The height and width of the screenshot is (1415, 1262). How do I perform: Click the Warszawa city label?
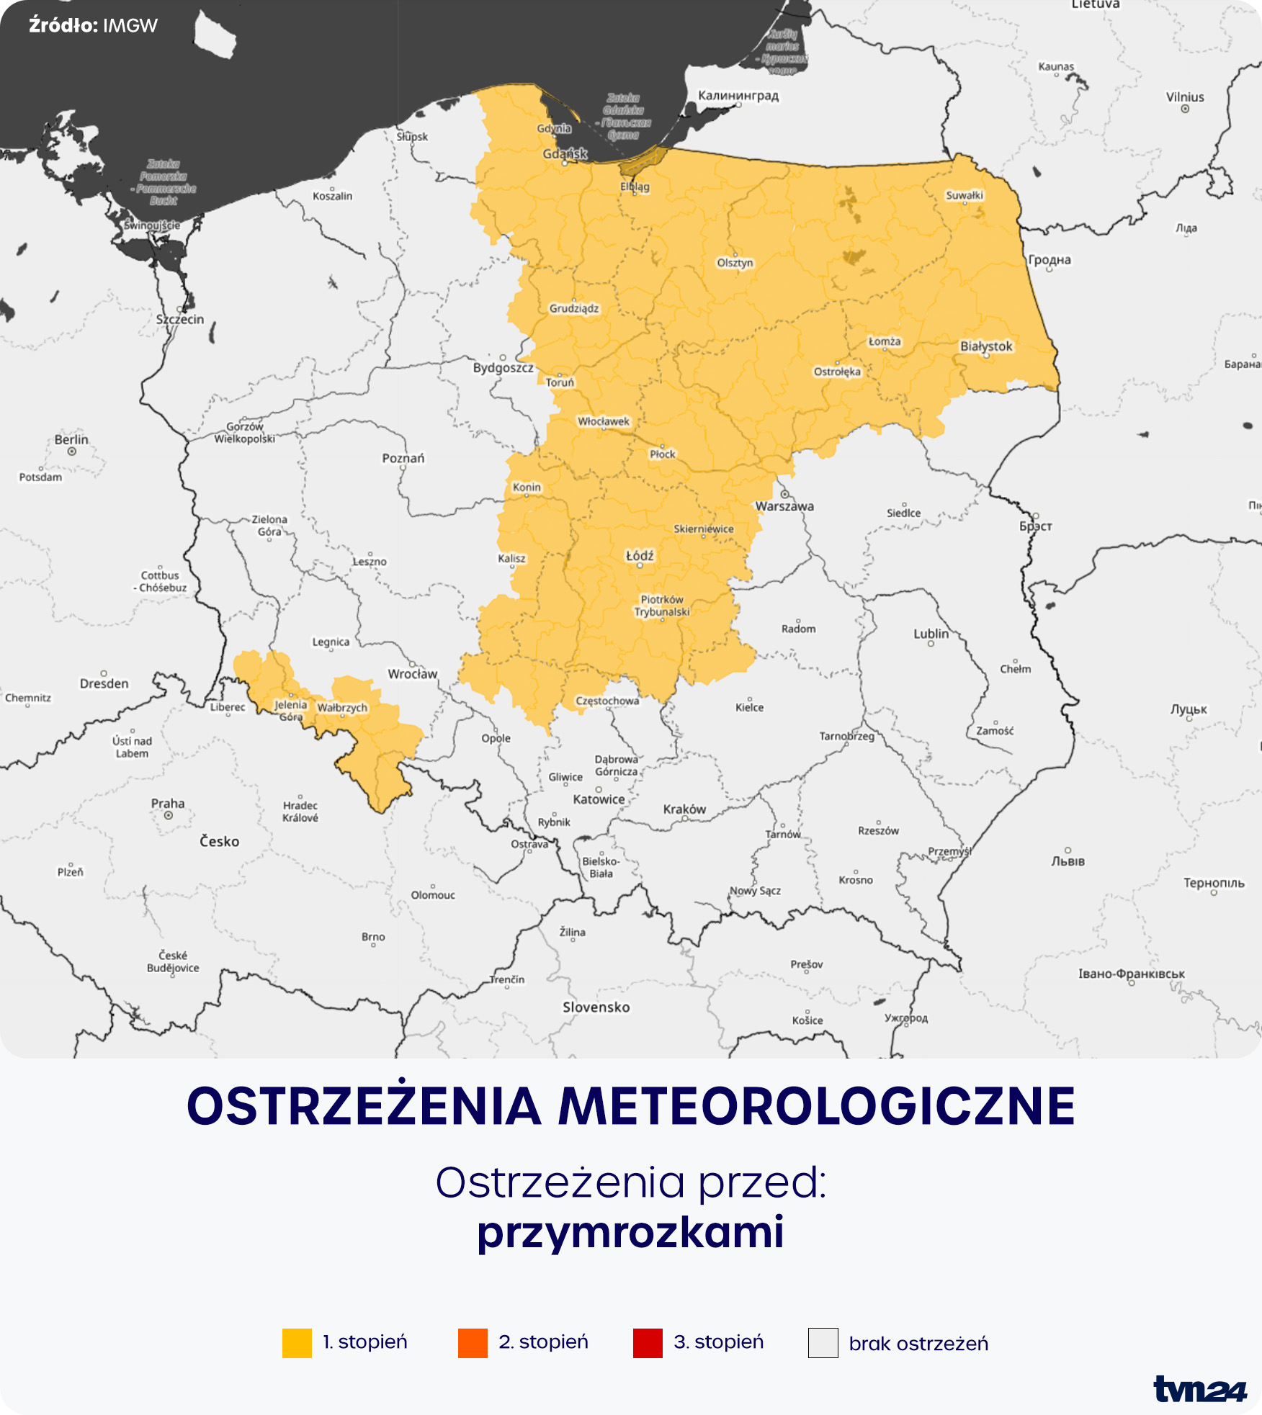point(784,506)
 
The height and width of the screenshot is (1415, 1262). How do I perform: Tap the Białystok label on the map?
point(986,346)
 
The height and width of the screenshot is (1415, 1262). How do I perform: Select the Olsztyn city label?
point(735,263)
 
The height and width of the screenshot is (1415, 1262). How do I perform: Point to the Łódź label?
point(640,556)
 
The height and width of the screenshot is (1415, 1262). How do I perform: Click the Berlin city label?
point(71,439)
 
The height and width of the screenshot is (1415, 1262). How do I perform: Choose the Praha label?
point(168,804)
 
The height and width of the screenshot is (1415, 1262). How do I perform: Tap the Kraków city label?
point(684,809)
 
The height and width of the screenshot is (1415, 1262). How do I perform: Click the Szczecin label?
point(180,319)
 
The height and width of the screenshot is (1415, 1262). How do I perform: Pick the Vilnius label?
point(1185,97)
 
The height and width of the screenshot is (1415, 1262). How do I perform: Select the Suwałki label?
point(965,195)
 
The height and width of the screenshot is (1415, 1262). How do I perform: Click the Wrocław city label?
point(413,674)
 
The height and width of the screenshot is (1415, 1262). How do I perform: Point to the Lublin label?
point(931,634)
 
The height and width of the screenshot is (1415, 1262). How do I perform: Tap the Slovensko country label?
point(596,1007)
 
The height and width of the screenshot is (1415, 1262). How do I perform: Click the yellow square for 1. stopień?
point(297,1343)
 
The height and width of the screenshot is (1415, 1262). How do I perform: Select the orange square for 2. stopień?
point(473,1343)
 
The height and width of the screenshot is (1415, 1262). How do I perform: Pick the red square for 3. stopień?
point(648,1343)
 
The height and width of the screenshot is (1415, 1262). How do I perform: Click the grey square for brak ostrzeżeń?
point(823,1343)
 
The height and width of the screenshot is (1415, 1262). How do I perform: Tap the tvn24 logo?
point(1199,1389)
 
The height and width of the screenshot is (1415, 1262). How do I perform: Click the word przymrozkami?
point(630,1231)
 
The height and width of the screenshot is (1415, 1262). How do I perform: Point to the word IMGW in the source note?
point(130,26)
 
